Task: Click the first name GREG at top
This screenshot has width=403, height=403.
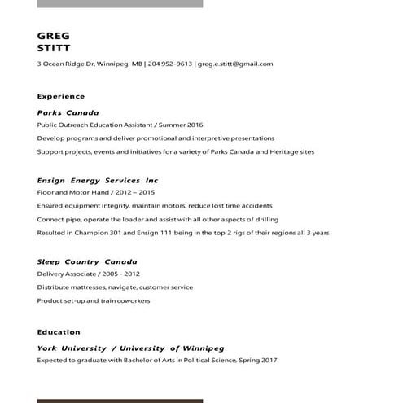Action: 54,36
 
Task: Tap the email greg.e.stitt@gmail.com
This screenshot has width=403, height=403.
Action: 235,64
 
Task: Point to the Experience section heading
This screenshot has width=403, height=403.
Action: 61,96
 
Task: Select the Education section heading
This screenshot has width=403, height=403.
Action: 59,332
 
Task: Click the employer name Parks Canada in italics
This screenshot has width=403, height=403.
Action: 68,112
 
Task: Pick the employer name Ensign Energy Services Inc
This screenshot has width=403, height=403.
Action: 98,180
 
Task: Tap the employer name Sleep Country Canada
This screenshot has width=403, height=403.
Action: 87,261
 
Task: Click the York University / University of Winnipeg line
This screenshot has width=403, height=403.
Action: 130,348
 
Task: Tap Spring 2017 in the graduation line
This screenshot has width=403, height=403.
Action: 259,361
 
